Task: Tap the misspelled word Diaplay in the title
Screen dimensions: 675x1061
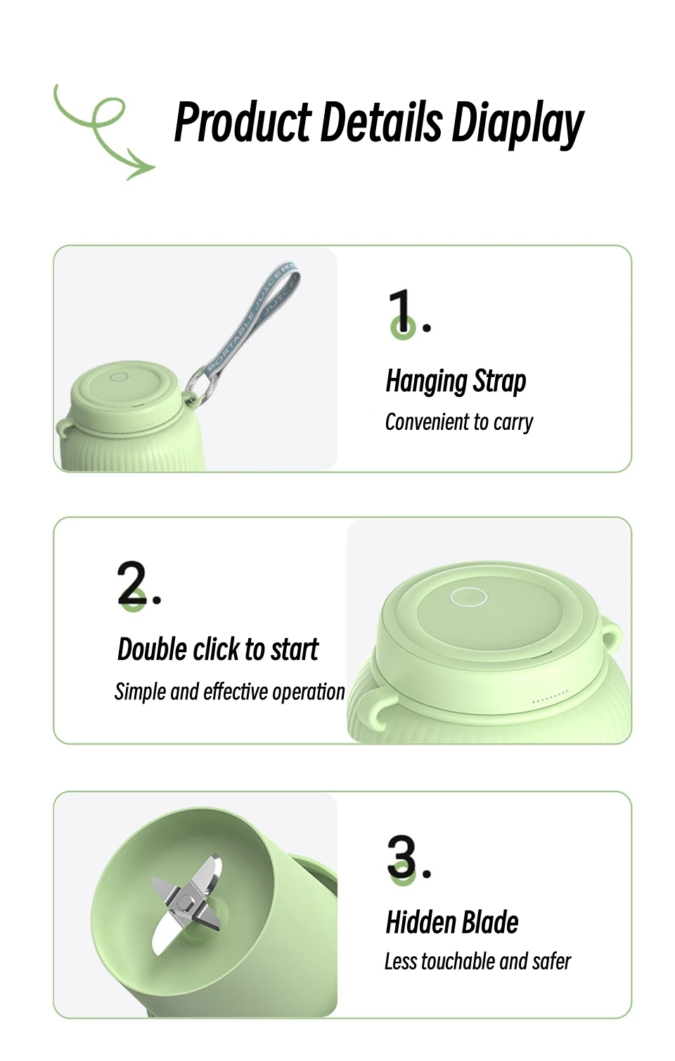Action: pos(517,124)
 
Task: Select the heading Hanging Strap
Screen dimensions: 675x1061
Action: pos(456,381)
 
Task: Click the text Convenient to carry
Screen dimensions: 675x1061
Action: pos(458,422)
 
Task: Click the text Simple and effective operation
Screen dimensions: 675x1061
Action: pos(230,692)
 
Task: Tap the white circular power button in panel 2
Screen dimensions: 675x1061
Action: pos(468,597)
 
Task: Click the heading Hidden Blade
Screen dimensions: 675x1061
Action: pos(452,922)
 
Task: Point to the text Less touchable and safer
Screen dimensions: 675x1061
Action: pos(477,962)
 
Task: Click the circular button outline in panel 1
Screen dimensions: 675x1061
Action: pos(120,377)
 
